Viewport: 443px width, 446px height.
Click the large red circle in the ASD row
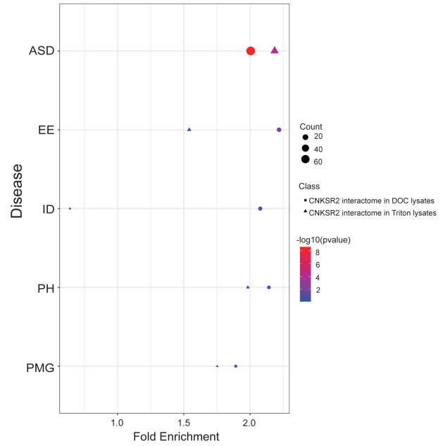(x=250, y=51)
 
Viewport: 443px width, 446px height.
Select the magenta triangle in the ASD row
(x=275, y=50)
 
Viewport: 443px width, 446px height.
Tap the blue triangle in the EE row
(x=189, y=130)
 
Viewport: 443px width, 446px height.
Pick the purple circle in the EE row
(x=279, y=130)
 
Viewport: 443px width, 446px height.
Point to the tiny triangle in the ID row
(x=70, y=209)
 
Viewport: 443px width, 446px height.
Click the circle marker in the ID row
(x=261, y=209)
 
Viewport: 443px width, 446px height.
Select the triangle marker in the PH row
(x=248, y=287)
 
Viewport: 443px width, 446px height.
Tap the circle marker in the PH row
(x=269, y=287)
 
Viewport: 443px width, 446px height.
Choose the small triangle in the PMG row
(x=217, y=366)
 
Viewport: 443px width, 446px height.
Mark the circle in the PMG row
(x=236, y=366)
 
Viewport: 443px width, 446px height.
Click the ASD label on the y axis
(x=42, y=51)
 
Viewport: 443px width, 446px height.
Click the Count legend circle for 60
(x=305, y=160)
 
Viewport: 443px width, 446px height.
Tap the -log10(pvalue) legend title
(x=323, y=240)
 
